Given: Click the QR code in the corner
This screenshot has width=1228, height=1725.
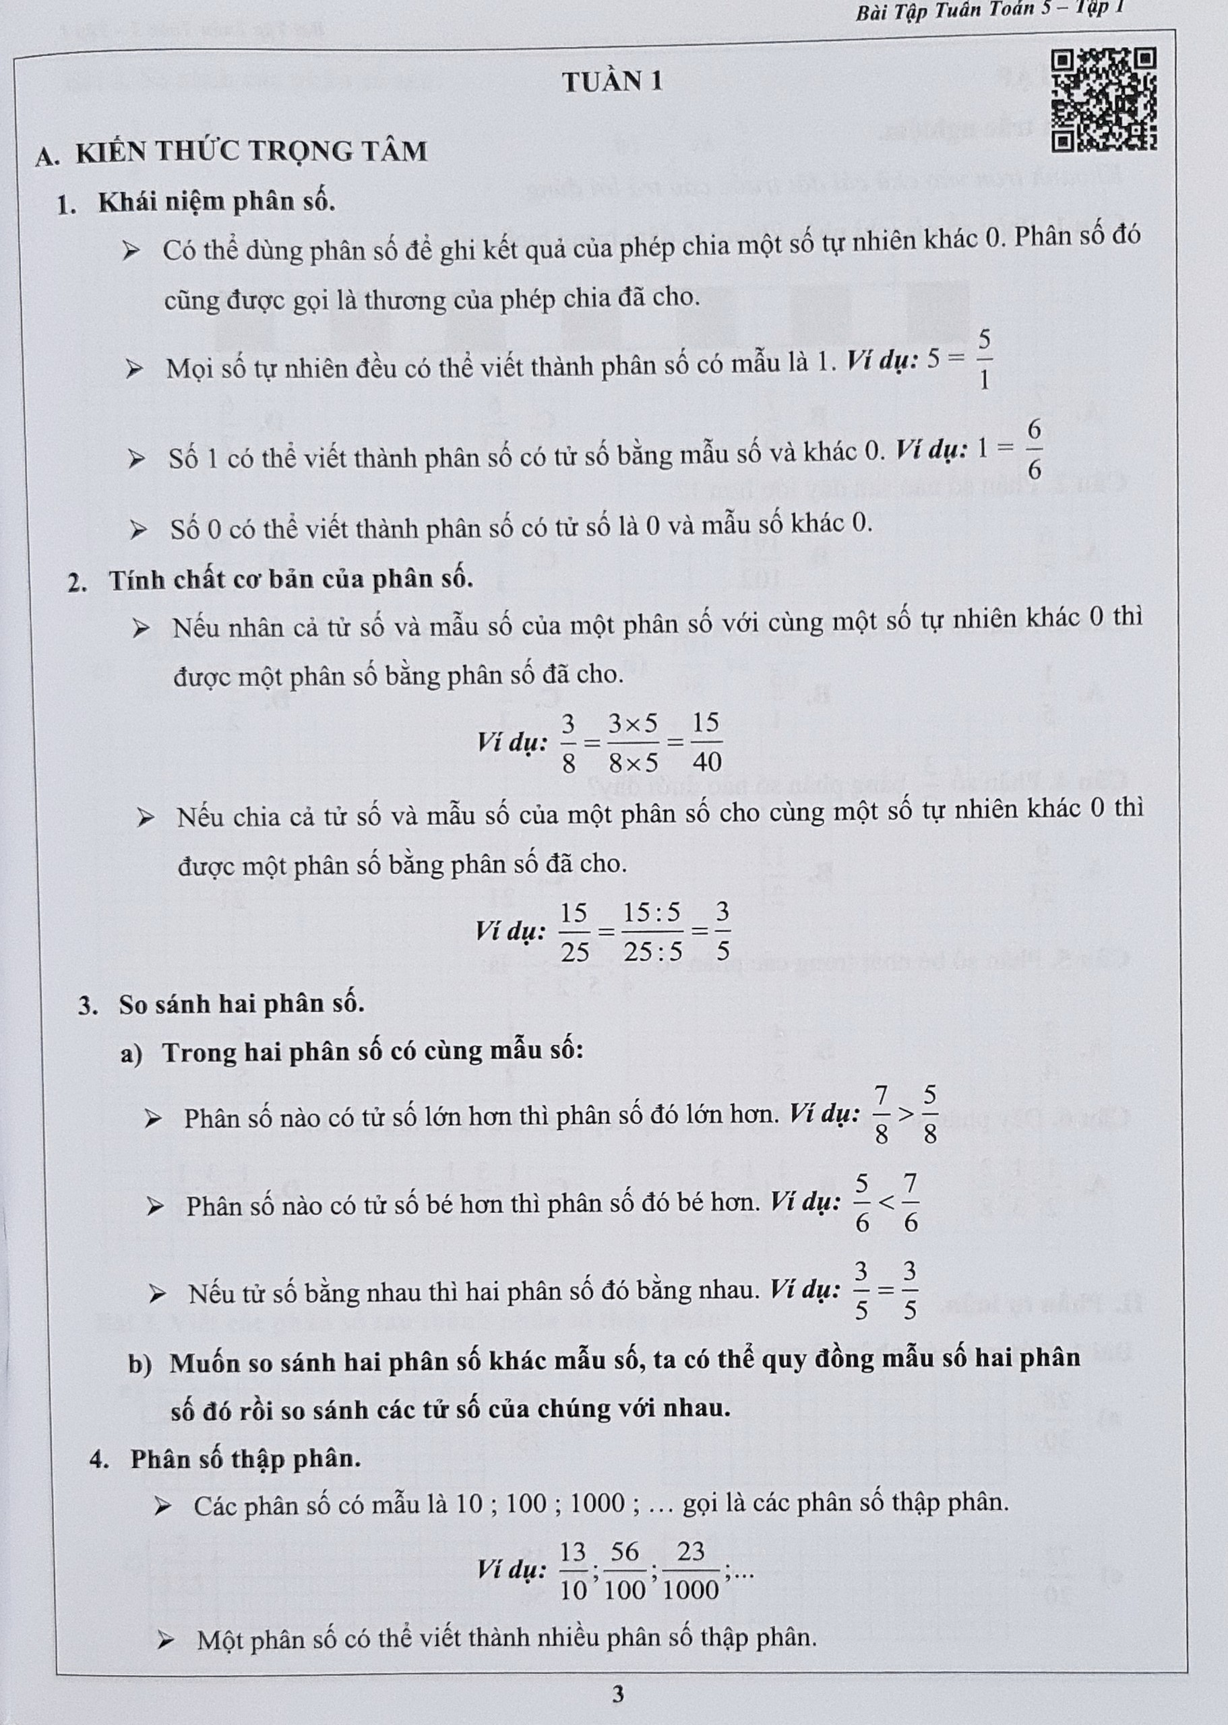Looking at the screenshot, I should (x=1105, y=98).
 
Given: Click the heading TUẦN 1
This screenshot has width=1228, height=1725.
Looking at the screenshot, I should (x=613, y=82).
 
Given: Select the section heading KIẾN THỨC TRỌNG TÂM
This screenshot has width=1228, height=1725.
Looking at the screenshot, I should (x=252, y=152).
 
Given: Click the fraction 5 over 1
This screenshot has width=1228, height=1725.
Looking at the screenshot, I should (x=984, y=361).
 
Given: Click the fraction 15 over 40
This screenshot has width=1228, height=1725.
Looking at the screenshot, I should (x=706, y=742).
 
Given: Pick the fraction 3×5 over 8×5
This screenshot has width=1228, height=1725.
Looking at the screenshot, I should (x=634, y=742).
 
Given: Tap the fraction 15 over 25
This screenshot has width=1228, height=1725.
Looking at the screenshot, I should (x=575, y=932).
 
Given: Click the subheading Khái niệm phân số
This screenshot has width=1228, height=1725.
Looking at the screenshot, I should (x=216, y=203).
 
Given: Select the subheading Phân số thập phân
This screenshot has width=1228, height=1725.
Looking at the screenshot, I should (x=245, y=1459).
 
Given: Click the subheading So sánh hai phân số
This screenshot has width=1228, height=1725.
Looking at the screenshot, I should (x=241, y=1004).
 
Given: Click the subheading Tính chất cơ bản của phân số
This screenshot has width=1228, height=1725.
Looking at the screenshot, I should (x=290, y=579).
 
